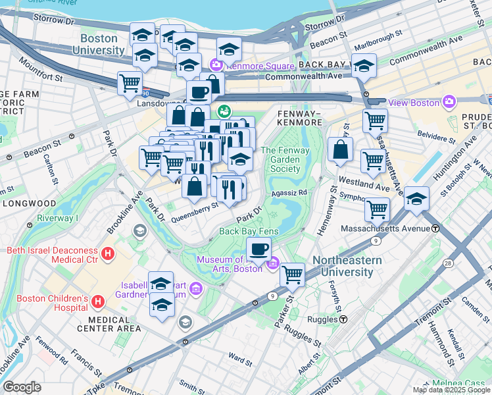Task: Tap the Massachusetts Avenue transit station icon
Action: (x=435, y=228)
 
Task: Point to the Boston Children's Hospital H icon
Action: (x=98, y=302)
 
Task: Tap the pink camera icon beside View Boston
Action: (x=449, y=102)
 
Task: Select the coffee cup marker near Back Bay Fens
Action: (x=259, y=249)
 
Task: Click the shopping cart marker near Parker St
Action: (x=292, y=275)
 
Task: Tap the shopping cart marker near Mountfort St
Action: (x=130, y=83)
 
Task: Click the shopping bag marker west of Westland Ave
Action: (x=340, y=149)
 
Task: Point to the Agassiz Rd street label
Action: (x=289, y=192)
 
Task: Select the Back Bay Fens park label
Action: (x=249, y=231)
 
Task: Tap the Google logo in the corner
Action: (x=22, y=387)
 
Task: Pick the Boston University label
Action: (x=99, y=44)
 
